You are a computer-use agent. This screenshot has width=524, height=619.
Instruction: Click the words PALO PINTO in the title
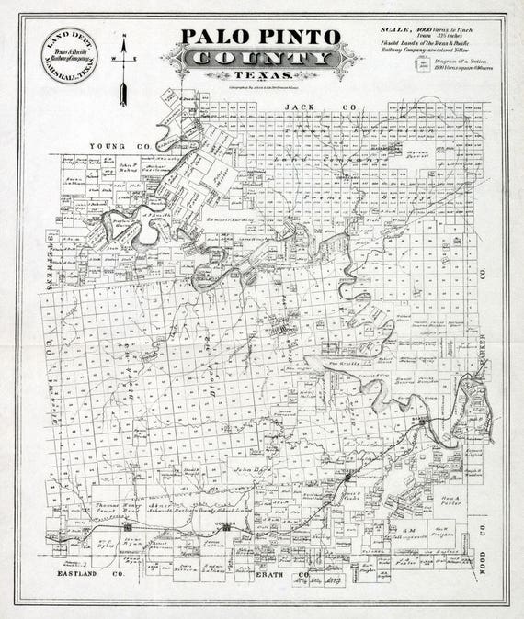coord(261,37)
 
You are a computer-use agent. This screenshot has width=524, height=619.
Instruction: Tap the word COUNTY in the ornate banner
coord(260,59)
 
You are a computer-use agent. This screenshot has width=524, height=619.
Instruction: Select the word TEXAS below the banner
coord(260,76)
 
